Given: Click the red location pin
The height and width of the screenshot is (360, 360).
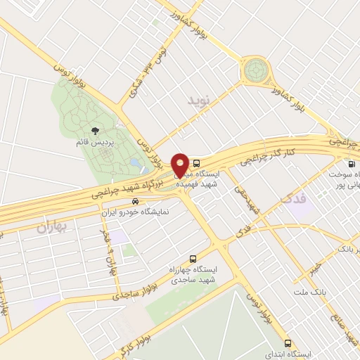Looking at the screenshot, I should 180,164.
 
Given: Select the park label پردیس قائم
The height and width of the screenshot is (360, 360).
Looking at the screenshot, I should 92,143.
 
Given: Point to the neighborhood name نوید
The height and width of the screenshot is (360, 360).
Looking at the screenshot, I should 199,101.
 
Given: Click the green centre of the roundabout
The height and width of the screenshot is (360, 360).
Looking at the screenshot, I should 257,72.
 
